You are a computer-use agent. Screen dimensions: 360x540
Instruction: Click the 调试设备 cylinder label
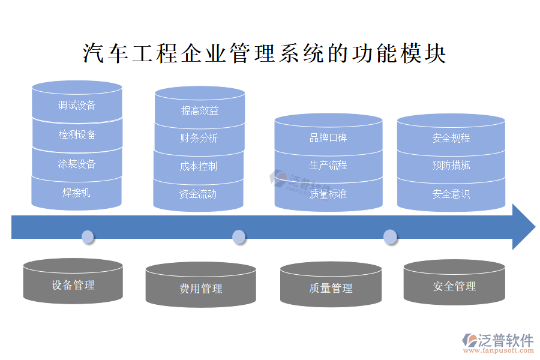click(77, 106)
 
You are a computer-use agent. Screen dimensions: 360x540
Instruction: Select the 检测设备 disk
click(77, 134)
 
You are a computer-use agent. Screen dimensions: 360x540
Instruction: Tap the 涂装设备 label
click(77, 164)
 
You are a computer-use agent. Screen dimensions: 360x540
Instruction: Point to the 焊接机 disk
click(77, 193)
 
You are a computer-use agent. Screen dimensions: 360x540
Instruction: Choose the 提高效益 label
click(200, 110)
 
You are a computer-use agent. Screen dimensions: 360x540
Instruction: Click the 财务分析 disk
click(199, 138)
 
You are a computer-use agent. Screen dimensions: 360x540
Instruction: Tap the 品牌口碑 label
click(328, 138)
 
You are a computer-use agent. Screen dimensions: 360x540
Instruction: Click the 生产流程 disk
click(328, 165)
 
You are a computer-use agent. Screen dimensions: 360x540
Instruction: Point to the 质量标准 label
click(328, 194)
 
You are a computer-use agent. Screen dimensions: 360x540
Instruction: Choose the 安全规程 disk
click(451, 138)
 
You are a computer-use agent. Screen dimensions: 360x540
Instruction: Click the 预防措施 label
click(451, 165)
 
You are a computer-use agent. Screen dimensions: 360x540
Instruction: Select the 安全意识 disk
click(451, 194)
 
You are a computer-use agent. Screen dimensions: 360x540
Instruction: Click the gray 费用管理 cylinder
click(200, 289)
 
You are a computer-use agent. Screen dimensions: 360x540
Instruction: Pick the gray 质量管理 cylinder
click(331, 289)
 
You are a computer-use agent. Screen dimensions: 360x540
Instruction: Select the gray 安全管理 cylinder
click(454, 286)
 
